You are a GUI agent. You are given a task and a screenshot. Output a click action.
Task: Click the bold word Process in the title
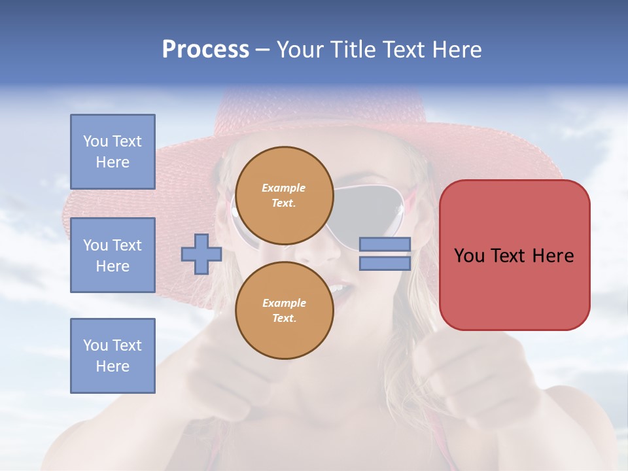(205, 50)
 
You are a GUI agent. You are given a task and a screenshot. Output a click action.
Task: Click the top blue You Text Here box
(113, 152)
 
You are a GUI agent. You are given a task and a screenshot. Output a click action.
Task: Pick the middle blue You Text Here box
(113, 255)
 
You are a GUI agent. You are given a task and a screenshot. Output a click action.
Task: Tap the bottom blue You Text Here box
(113, 356)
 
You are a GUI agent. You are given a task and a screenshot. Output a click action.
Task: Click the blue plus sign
(201, 254)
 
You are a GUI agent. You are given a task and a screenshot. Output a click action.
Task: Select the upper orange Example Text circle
(284, 195)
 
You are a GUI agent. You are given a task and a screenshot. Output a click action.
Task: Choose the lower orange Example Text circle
(284, 310)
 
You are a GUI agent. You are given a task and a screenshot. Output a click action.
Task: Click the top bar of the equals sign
(385, 245)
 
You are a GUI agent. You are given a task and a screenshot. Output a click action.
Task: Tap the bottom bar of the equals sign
(385, 263)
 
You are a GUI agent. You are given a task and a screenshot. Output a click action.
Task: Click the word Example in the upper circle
(284, 188)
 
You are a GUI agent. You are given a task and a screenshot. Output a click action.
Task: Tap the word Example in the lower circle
(284, 303)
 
